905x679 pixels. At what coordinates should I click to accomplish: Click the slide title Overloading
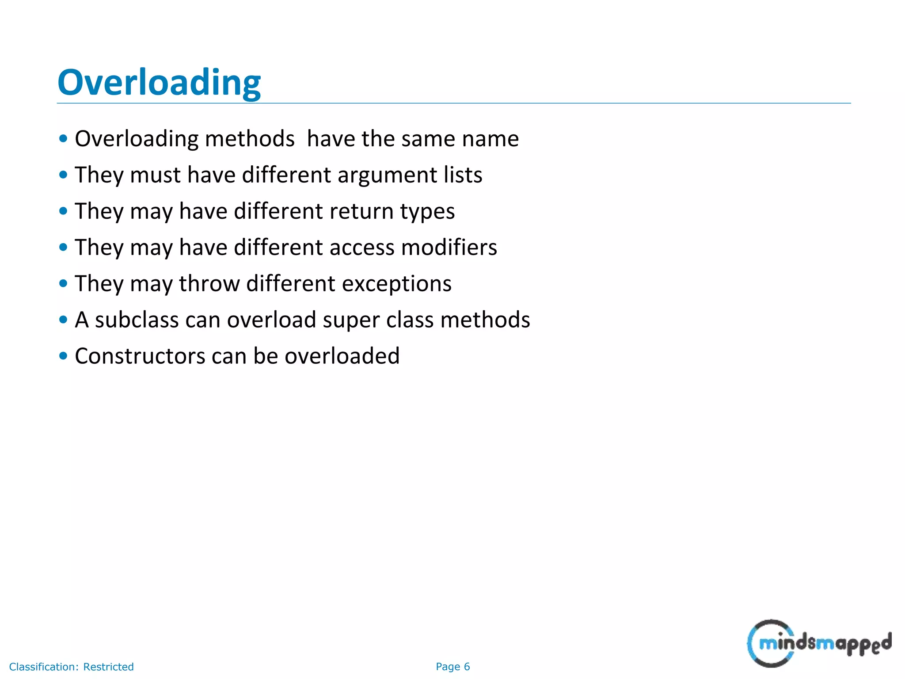[x=159, y=83]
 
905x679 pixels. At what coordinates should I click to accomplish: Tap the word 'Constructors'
[x=140, y=356]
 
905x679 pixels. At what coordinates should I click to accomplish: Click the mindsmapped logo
[x=819, y=643]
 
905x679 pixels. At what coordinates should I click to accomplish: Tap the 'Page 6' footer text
[x=452, y=667]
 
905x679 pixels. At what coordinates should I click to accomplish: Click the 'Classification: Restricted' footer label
[x=71, y=667]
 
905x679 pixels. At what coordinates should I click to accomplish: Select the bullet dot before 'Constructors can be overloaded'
[x=63, y=355]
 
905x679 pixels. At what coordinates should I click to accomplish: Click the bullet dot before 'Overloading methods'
[x=63, y=138]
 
